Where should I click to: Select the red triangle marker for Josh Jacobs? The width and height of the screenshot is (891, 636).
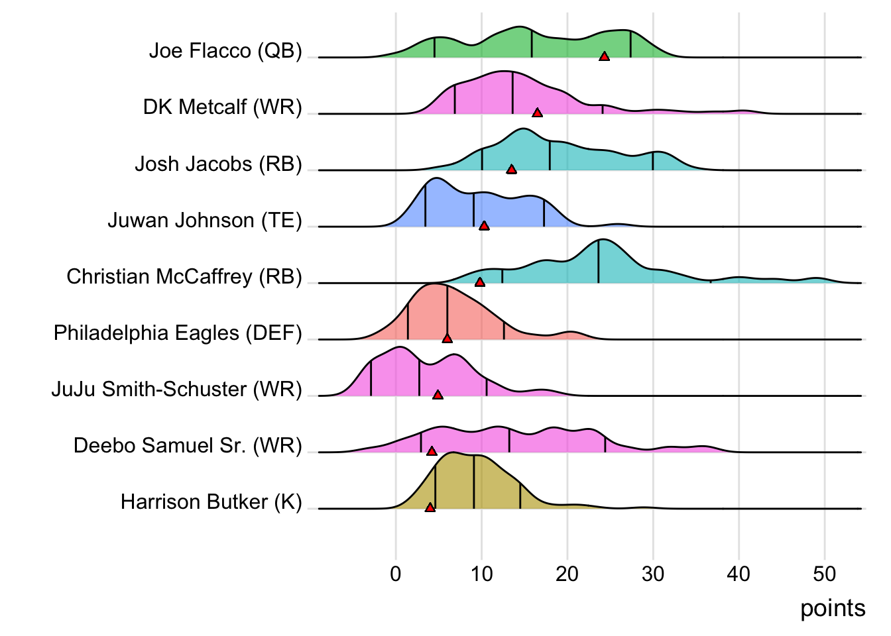pyautogui.click(x=511, y=170)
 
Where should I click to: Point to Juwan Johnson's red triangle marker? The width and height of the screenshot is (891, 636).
pyautogui.click(x=484, y=226)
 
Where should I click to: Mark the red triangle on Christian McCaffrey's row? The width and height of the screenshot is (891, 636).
pyautogui.click(x=480, y=282)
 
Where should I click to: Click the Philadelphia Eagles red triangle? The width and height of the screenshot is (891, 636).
pyautogui.click(x=447, y=339)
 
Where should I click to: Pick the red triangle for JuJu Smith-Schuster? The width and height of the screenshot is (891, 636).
pyautogui.click(x=438, y=395)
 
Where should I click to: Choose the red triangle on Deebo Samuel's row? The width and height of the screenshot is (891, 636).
pyautogui.click(x=432, y=451)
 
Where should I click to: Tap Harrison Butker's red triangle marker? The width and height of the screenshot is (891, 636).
pyautogui.click(x=430, y=507)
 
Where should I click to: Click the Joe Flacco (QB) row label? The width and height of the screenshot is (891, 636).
pyautogui.click(x=225, y=51)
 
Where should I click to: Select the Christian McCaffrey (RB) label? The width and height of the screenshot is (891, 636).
pyautogui.click(x=184, y=276)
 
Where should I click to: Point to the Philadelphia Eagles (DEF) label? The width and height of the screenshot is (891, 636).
pyautogui.click(x=178, y=333)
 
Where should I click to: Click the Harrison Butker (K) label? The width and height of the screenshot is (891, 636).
pyautogui.click(x=211, y=502)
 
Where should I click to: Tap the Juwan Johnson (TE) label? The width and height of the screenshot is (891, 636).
pyautogui.click(x=205, y=220)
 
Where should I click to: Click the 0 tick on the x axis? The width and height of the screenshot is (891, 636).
pyautogui.click(x=396, y=574)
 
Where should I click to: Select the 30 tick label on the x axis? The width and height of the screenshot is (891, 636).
pyautogui.click(x=653, y=574)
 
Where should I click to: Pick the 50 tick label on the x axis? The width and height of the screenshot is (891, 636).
pyautogui.click(x=824, y=574)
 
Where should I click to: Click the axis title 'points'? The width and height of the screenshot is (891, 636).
pyautogui.click(x=833, y=608)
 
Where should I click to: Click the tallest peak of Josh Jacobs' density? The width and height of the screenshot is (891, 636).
pyautogui.click(x=523, y=130)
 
